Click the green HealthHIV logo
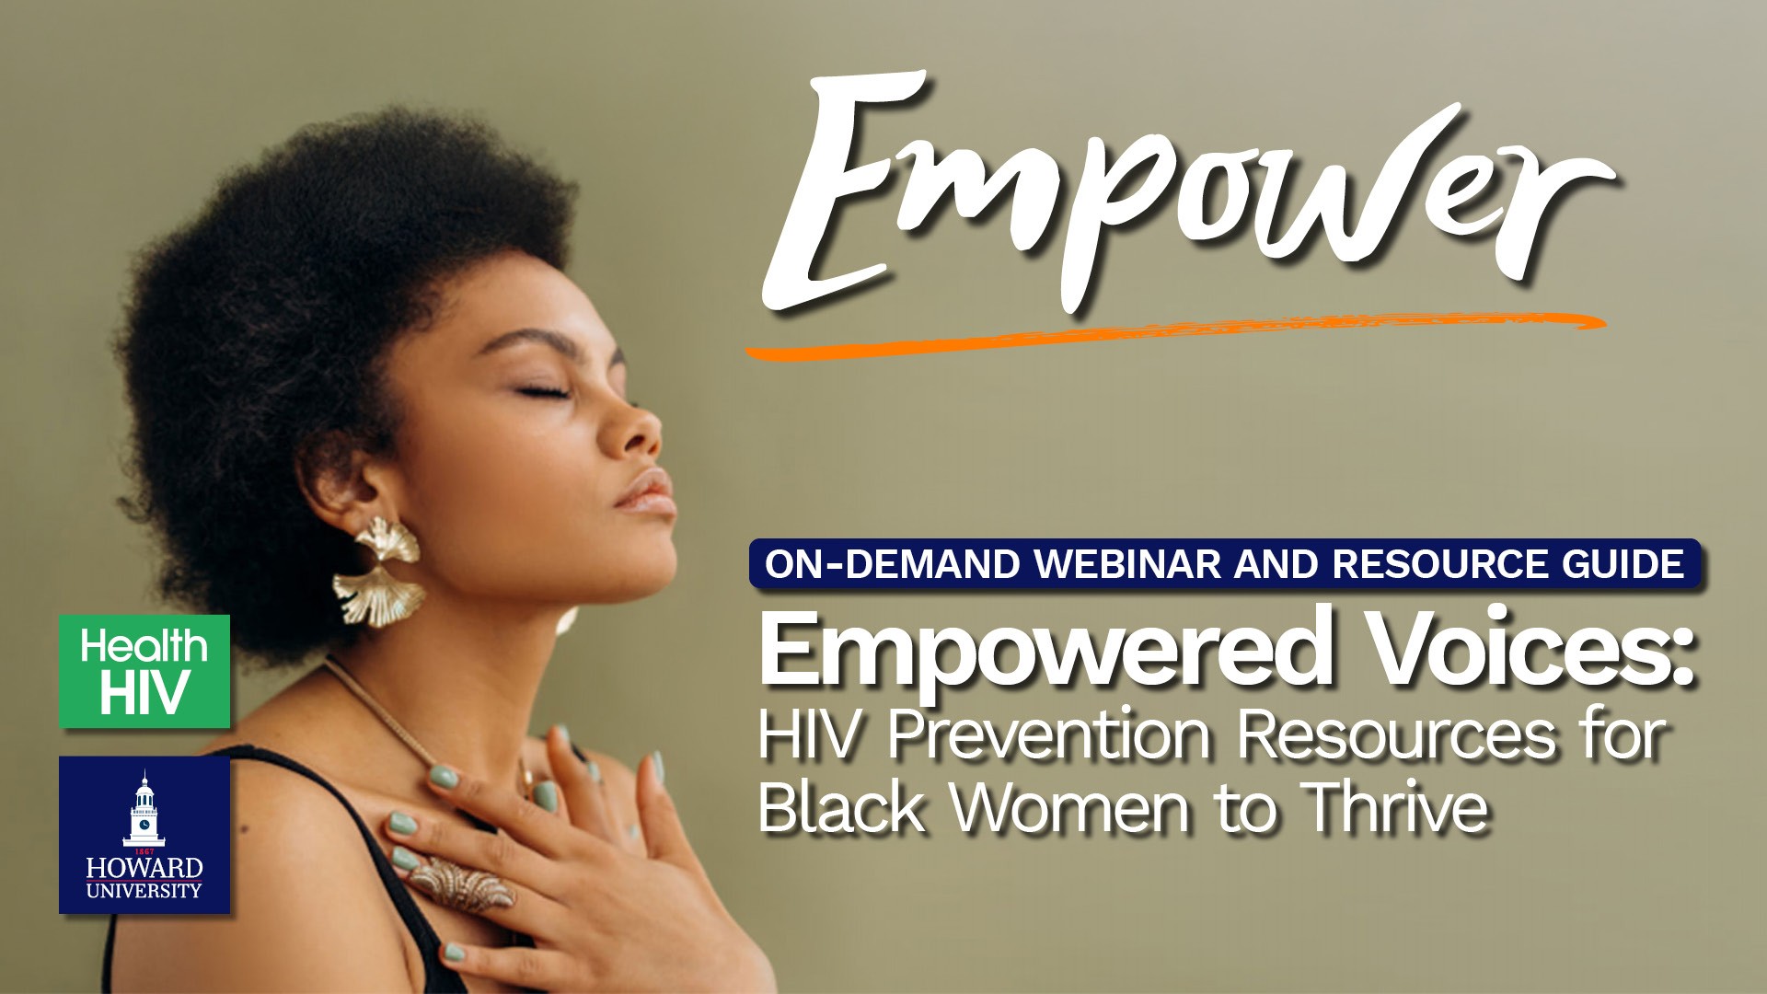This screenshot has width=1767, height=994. coord(144,671)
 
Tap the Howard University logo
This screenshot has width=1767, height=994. coord(144,835)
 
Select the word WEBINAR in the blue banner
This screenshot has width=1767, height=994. coord(1129,564)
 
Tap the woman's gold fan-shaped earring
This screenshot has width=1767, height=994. coord(378,572)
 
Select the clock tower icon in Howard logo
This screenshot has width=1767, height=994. coord(144,809)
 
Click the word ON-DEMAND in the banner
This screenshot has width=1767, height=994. coord(892,564)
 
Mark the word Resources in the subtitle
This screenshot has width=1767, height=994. coord(1396,735)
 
